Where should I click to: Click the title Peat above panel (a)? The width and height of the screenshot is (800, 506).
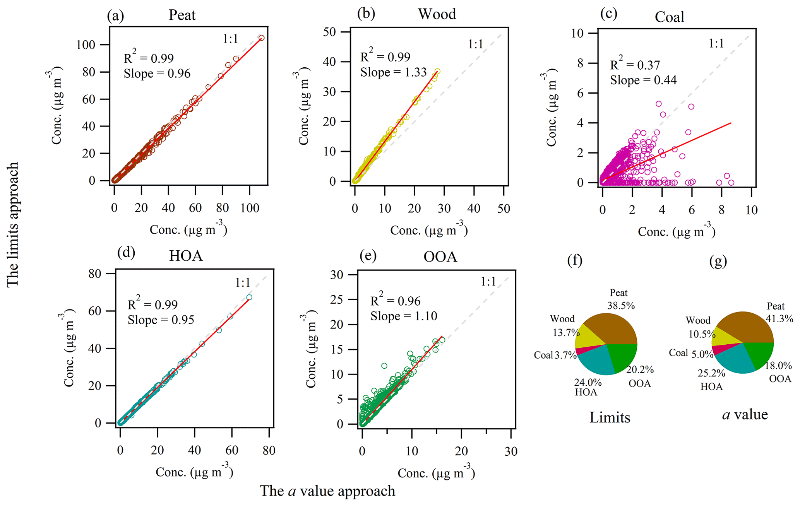tap(182, 15)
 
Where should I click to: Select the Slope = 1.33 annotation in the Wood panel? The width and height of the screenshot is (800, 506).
tap(393, 72)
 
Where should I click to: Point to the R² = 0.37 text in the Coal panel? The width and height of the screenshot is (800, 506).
tap(635, 64)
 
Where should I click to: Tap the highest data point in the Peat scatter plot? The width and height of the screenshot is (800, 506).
tap(262, 38)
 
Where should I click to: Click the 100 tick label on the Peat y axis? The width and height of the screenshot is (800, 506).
tap(86, 45)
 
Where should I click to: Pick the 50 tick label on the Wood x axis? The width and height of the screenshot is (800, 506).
tap(504, 209)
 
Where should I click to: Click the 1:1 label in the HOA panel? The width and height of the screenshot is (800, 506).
tap(243, 283)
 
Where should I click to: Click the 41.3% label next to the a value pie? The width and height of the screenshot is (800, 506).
tap(779, 319)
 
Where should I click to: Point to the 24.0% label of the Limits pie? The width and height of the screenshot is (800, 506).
tap(588, 383)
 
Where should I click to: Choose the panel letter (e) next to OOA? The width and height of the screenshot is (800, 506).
tap(367, 256)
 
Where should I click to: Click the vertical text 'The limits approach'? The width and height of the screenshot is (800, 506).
tap(12, 224)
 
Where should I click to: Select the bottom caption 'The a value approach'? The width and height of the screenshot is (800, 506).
tap(327, 491)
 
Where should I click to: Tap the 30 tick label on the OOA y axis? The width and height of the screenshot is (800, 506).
tap(336, 275)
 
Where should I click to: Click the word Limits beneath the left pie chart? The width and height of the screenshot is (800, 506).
tap(610, 417)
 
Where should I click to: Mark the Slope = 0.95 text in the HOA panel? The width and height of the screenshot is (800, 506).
tap(161, 320)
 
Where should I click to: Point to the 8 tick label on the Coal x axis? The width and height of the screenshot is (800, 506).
tap(721, 210)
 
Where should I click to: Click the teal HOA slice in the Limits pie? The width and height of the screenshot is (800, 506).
tap(596, 360)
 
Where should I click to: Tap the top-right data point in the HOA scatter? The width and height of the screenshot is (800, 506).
tap(249, 297)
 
